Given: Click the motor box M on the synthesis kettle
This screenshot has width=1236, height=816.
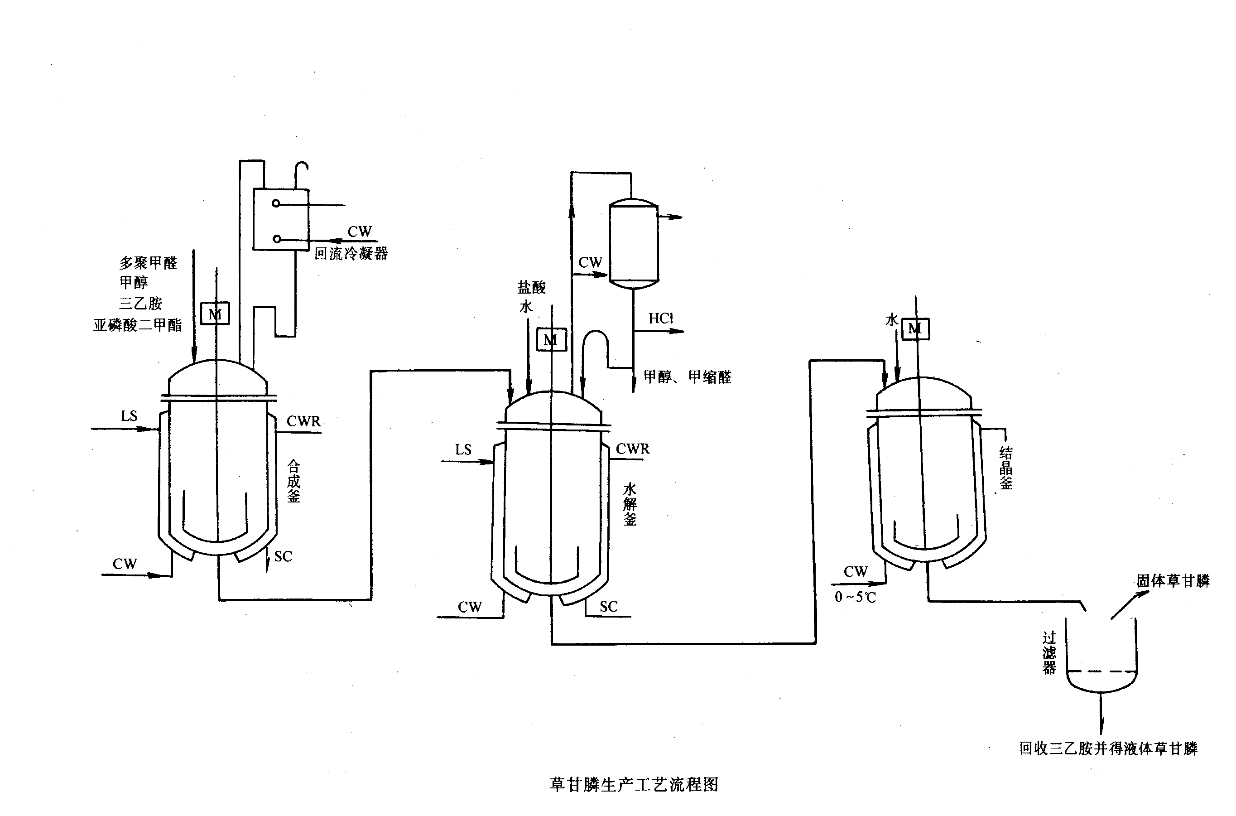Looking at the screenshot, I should [215, 314].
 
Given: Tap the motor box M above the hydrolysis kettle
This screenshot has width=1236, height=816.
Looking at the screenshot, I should [551, 340].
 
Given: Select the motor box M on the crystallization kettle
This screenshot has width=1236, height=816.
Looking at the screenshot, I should [915, 328].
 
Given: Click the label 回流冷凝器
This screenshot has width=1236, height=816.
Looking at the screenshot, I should [351, 253].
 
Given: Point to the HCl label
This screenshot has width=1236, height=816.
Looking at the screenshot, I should [661, 318].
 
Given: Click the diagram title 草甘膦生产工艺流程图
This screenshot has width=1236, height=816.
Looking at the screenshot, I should [634, 784].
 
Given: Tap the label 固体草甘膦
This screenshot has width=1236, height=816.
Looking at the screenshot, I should [1173, 581].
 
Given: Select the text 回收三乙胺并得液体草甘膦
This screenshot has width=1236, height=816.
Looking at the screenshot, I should [1108, 748].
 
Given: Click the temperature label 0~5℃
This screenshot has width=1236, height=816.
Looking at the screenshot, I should [855, 597].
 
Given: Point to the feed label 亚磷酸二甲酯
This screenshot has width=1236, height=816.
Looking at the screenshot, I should [138, 325].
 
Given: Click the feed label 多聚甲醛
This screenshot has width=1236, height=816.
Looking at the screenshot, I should [148, 263].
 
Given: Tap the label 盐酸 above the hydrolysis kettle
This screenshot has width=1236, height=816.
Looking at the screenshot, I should [532, 287].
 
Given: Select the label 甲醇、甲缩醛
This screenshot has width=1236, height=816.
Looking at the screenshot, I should [687, 377].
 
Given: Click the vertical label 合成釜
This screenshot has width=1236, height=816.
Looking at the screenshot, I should [294, 481].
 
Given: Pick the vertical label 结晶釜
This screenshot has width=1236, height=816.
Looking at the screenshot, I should [1005, 468].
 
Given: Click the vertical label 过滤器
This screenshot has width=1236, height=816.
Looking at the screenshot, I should [1049, 652].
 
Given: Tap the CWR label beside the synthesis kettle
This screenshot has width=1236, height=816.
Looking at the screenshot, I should [304, 421].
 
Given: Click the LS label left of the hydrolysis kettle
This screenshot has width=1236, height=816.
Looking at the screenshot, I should [463, 449].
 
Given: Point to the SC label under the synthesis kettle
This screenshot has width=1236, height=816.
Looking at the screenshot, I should [283, 556].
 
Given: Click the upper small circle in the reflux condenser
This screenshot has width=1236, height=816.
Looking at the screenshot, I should [276, 203].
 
